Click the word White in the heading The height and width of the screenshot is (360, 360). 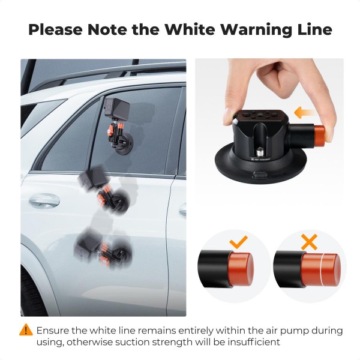[190, 29]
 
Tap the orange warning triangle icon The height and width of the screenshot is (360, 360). [26, 330]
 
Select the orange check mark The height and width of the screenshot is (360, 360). [239, 242]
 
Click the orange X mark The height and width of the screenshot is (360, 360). [309, 242]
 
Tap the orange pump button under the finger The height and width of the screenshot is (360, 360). [319, 136]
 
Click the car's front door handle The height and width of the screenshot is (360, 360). [44, 200]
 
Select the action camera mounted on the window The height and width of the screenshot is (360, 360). [117, 108]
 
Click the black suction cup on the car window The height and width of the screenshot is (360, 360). [124, 144]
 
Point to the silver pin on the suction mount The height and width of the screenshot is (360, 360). [260, 152]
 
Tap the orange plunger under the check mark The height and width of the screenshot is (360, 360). [241, 269]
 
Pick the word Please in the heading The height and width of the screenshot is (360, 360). [55, 29]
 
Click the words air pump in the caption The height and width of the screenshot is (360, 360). [290, 331]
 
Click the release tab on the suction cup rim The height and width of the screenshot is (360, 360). [260, 175]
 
